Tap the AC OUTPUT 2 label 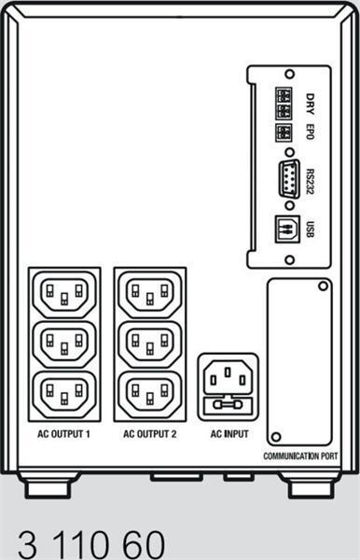(149, 434)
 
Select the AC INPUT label (229, 434)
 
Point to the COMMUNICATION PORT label (300, 456)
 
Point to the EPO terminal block (283, 132)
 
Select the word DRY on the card (310, 100)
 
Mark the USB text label (310, 227)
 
